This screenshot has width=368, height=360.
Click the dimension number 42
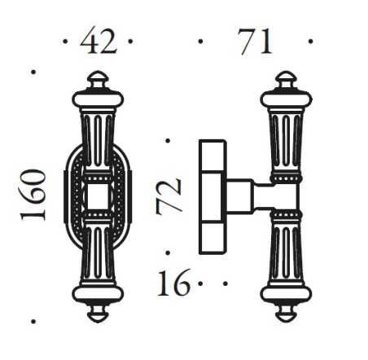point(99,41)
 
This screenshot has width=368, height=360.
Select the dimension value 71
point(255,41)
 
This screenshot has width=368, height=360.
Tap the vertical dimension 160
point(34,195)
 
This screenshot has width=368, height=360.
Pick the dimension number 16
point(172,285)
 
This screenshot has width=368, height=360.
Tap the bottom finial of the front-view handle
point(98,313)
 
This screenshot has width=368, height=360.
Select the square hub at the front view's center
point(98,195)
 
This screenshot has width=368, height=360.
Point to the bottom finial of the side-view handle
point(284,313)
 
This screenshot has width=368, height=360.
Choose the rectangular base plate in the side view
point(214,196)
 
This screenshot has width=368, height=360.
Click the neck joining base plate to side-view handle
point(252,196)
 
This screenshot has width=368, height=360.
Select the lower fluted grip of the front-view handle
point(98,252)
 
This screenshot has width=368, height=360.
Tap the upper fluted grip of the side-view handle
point(284,138)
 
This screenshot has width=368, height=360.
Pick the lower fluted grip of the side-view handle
point(284,252)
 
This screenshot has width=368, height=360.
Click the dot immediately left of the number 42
point(65,39)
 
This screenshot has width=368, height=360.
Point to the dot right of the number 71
point(310,39)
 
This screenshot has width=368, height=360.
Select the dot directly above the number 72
point(168,141)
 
